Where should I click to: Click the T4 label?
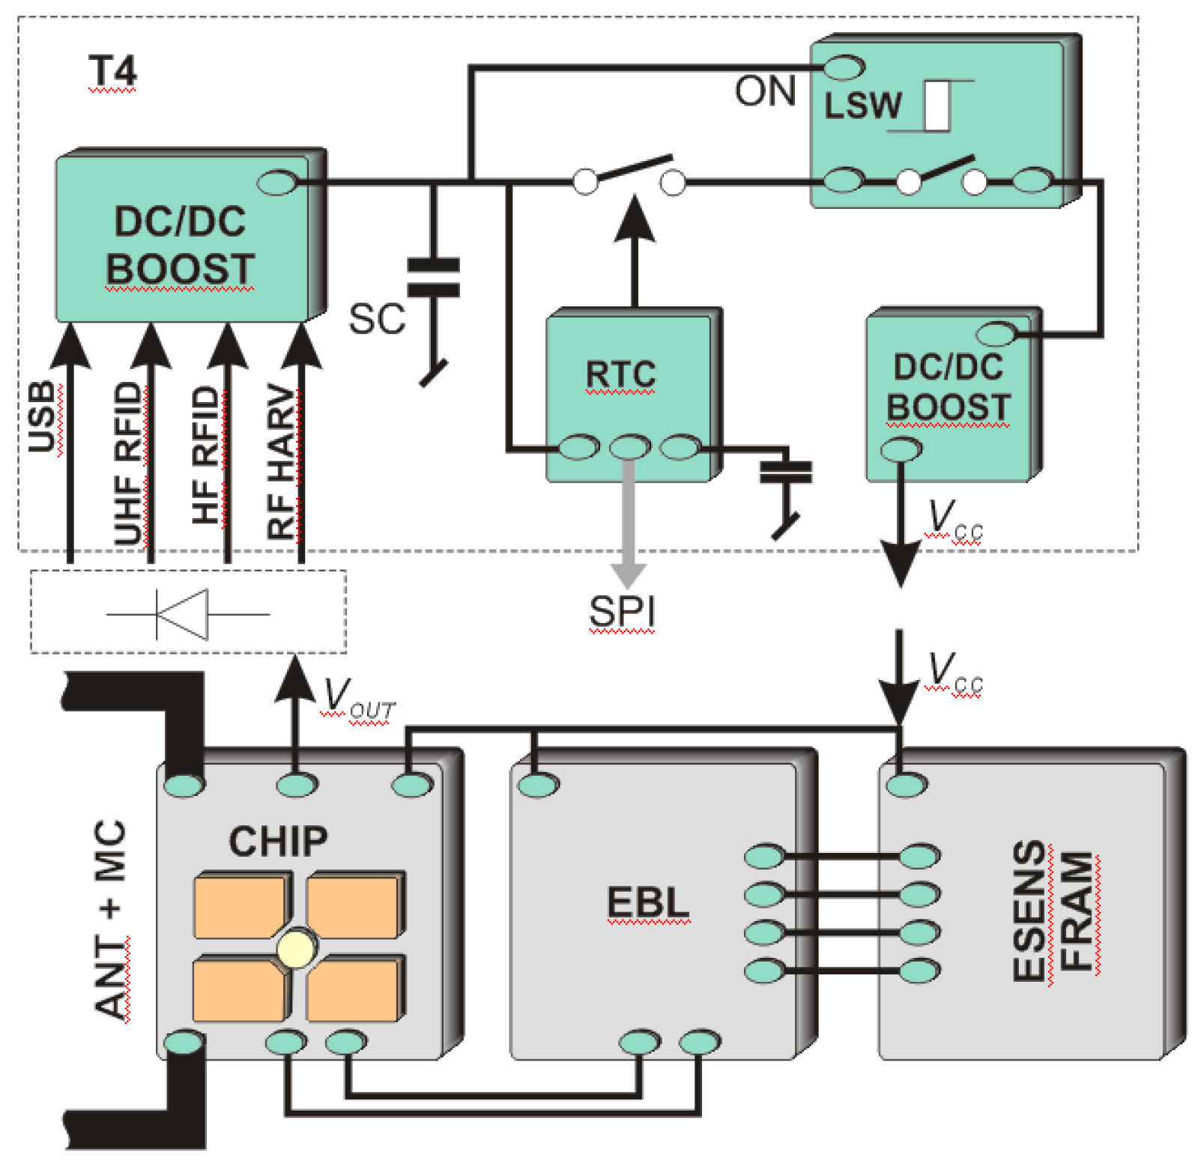112,72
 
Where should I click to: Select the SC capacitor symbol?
432,277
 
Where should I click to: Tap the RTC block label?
620,374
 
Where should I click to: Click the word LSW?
863,106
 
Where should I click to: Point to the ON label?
764,91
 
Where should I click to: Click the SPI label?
622,612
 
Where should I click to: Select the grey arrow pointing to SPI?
629,524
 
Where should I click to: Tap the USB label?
42,417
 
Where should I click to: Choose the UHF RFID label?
128,464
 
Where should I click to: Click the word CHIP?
278,841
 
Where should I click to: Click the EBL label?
647,902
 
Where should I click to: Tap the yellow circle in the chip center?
297,949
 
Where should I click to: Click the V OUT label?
358,699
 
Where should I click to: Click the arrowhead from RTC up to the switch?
635,219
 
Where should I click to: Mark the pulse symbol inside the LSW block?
937,106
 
